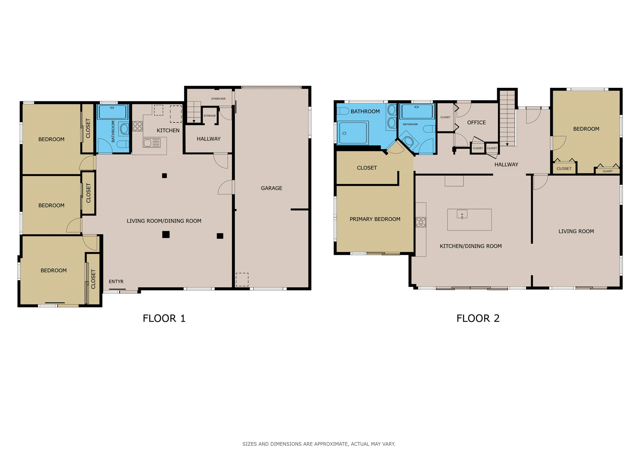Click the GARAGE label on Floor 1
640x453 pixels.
coord(272,188)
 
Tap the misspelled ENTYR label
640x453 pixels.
coord(116,282)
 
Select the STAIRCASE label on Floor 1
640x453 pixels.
coord(218,99)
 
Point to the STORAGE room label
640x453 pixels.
coord(210,116)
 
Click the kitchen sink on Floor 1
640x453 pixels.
coord(152,143)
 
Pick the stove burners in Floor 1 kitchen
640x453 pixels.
coord(138,126)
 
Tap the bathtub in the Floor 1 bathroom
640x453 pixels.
coord(113,112)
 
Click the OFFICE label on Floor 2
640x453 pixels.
coord(476,122)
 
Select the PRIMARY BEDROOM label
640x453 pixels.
coord(375,219)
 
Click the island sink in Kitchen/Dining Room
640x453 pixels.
coord(462,214)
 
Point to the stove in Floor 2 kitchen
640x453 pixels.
coord(421,222)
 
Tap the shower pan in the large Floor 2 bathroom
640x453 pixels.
coord(353,133)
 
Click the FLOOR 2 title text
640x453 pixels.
coord(478,319)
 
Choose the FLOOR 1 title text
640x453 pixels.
coord(164,319)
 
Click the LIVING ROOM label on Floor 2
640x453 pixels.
coord(576,231)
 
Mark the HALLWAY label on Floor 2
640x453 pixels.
coord(506,165)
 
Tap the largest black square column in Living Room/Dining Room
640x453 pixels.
coord(166,234)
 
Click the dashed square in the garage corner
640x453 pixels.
coord(242,280)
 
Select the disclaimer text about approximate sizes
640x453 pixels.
coord(319,444)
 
